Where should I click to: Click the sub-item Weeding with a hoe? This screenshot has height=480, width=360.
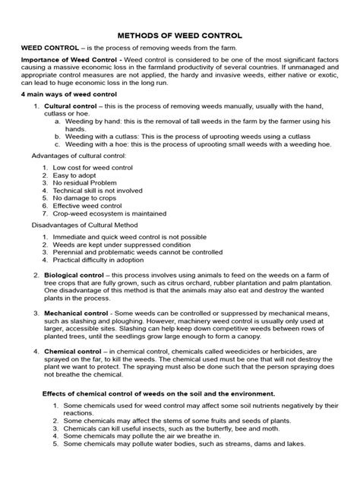tap(98, 142)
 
